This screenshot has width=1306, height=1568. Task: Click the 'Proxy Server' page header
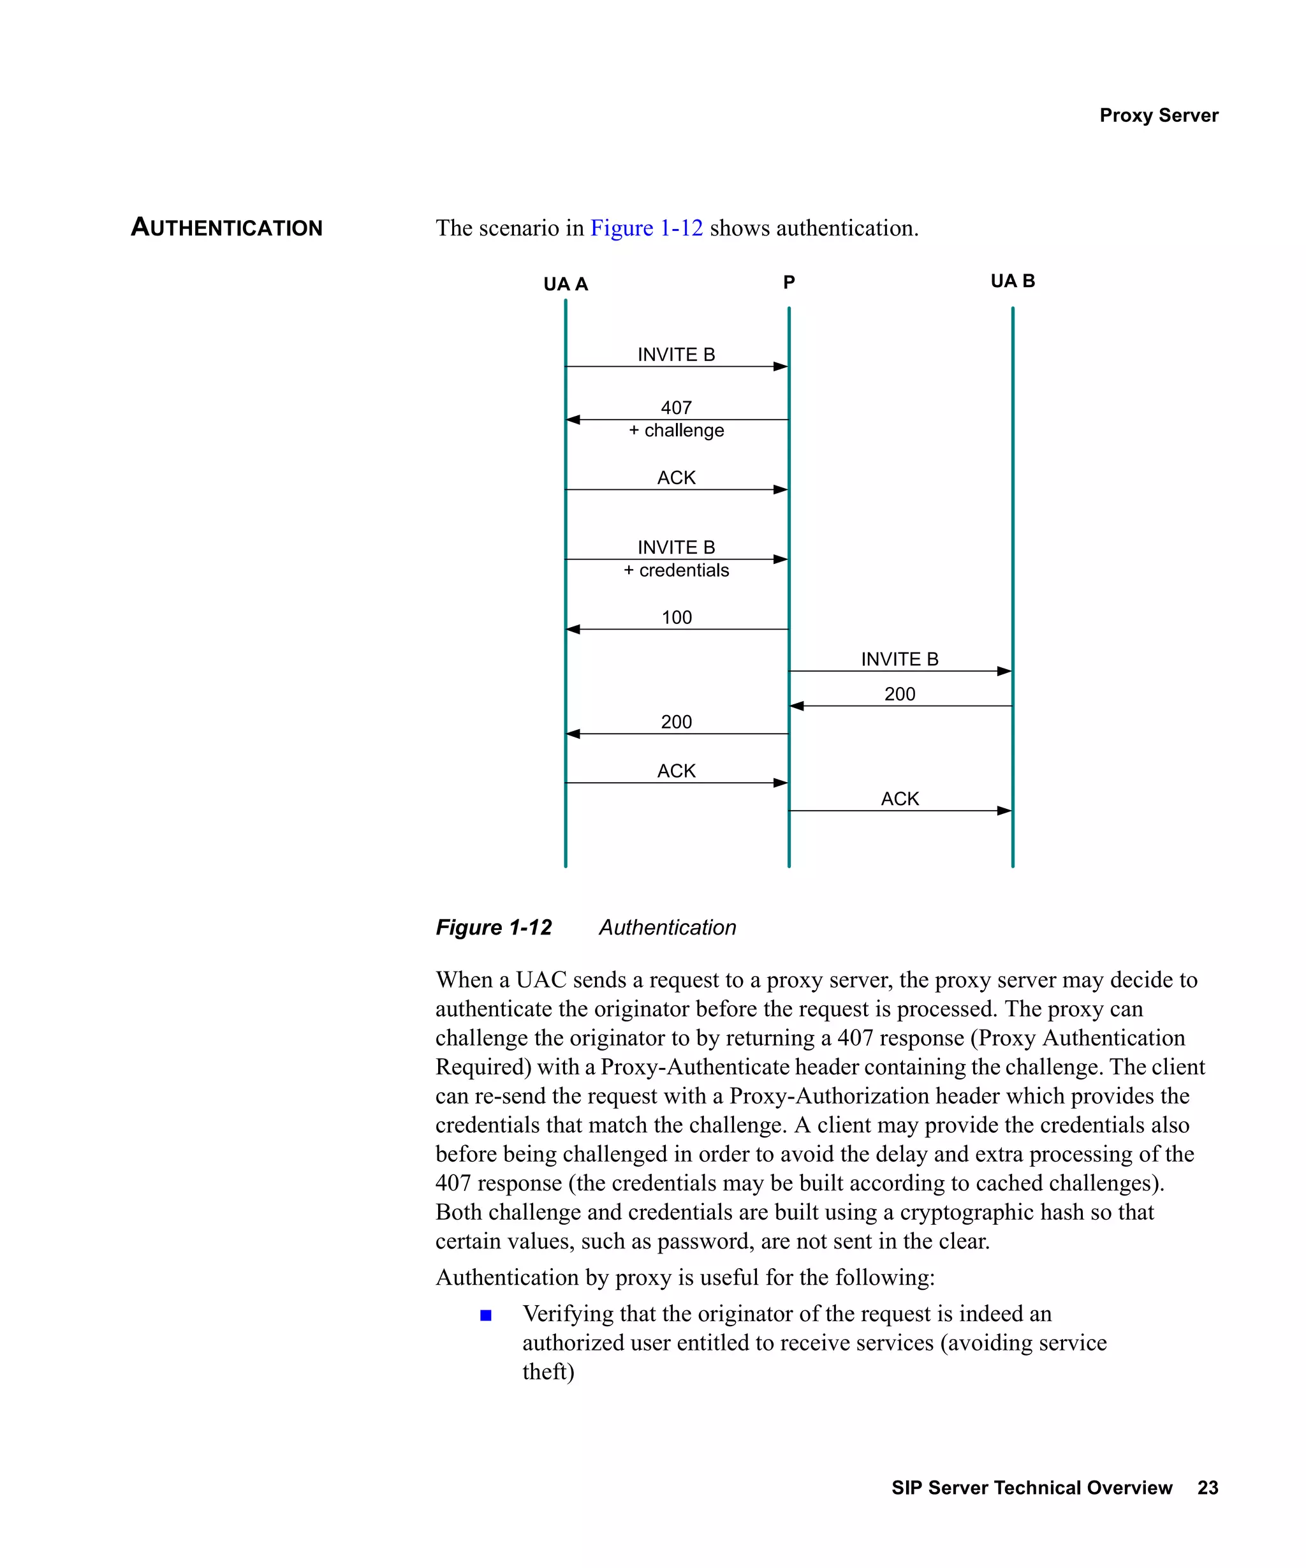[1158, 115]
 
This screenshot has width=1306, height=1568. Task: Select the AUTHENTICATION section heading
[226, 227]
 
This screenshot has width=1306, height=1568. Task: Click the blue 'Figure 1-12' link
[646, 228]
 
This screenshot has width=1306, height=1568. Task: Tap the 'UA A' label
[565, 284]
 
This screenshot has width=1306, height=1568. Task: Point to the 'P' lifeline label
[789, 282]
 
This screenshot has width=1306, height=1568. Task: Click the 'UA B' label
[1012, 281]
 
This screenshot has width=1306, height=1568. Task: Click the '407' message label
[676, 407]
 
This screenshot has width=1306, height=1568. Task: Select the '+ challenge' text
[676, 431]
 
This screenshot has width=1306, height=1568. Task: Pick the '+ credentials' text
[676, 570]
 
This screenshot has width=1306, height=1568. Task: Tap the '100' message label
[676, 618]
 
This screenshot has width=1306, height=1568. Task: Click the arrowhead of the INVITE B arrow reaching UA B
[1004, 671]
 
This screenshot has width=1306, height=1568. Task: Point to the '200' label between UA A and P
[676, 722]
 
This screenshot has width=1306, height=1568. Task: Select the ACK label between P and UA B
[899, 799]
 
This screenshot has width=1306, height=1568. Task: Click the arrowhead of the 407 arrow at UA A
[573, 420]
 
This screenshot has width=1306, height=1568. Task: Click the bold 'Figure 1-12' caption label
[494, 928]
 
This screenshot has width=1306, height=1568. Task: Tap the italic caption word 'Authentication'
[667, 928]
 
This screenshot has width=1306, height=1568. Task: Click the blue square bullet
[486, 1315]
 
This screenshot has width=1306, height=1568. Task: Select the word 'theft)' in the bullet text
[548, 1372]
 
